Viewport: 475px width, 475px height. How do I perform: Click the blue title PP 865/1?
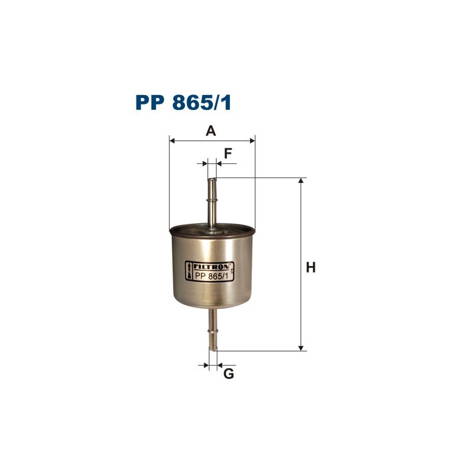pyautogui.click(x=183, y=103)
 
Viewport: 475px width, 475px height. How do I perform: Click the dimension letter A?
pyautogui.click(x=211, y=131)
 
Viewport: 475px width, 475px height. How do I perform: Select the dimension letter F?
pyautogui.click(x=227, y=153)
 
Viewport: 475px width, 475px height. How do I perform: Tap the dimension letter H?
pyautogui.click(x=310, y=268)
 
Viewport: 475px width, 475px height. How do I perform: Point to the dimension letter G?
pyautogui.click(x=229, y=374)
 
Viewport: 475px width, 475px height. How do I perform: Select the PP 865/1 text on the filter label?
pyautogui.click(x=211, y=277)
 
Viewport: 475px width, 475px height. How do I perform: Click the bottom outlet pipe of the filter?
pyautogui.click(x=213, y=332)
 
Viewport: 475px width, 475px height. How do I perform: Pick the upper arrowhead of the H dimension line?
pyautogui.click(x=302, y=182)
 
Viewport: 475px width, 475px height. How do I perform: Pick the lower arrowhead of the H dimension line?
pyautogui.click(x=302, y=347)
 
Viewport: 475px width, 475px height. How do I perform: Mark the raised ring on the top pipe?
pyautogui.click(x=212, y=201)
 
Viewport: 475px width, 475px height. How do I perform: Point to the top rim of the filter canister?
pyautogui.click(x=212, y=228)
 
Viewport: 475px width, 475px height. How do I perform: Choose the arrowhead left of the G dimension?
pyautogui.click(x=205, y=365)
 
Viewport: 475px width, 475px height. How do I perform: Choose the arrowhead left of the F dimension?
pyautogui.click(x=205, y=163)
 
